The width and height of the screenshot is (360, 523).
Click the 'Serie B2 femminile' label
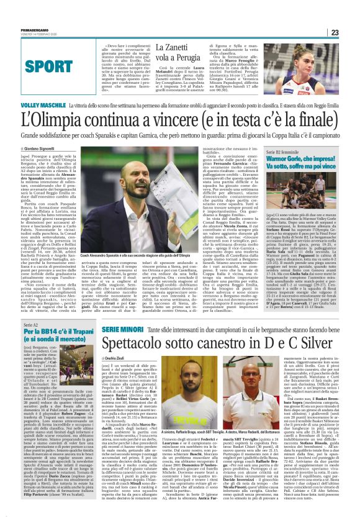[297, 151]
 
